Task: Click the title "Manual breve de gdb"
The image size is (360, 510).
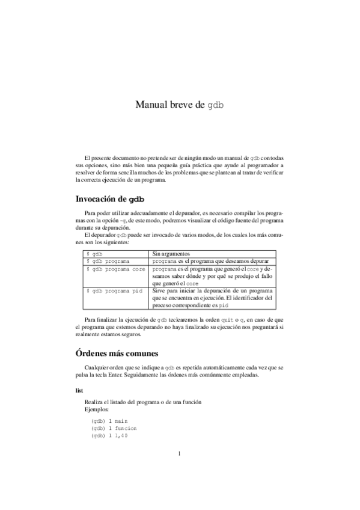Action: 180,104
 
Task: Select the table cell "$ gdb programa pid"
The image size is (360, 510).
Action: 114,290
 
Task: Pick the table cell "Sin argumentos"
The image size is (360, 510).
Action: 172,254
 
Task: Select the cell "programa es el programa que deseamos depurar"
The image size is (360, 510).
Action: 210,262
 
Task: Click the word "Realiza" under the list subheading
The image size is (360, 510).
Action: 96,401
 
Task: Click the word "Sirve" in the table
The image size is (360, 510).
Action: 160,290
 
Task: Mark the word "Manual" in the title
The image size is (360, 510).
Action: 152,104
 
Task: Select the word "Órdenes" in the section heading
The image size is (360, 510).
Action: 91,352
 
